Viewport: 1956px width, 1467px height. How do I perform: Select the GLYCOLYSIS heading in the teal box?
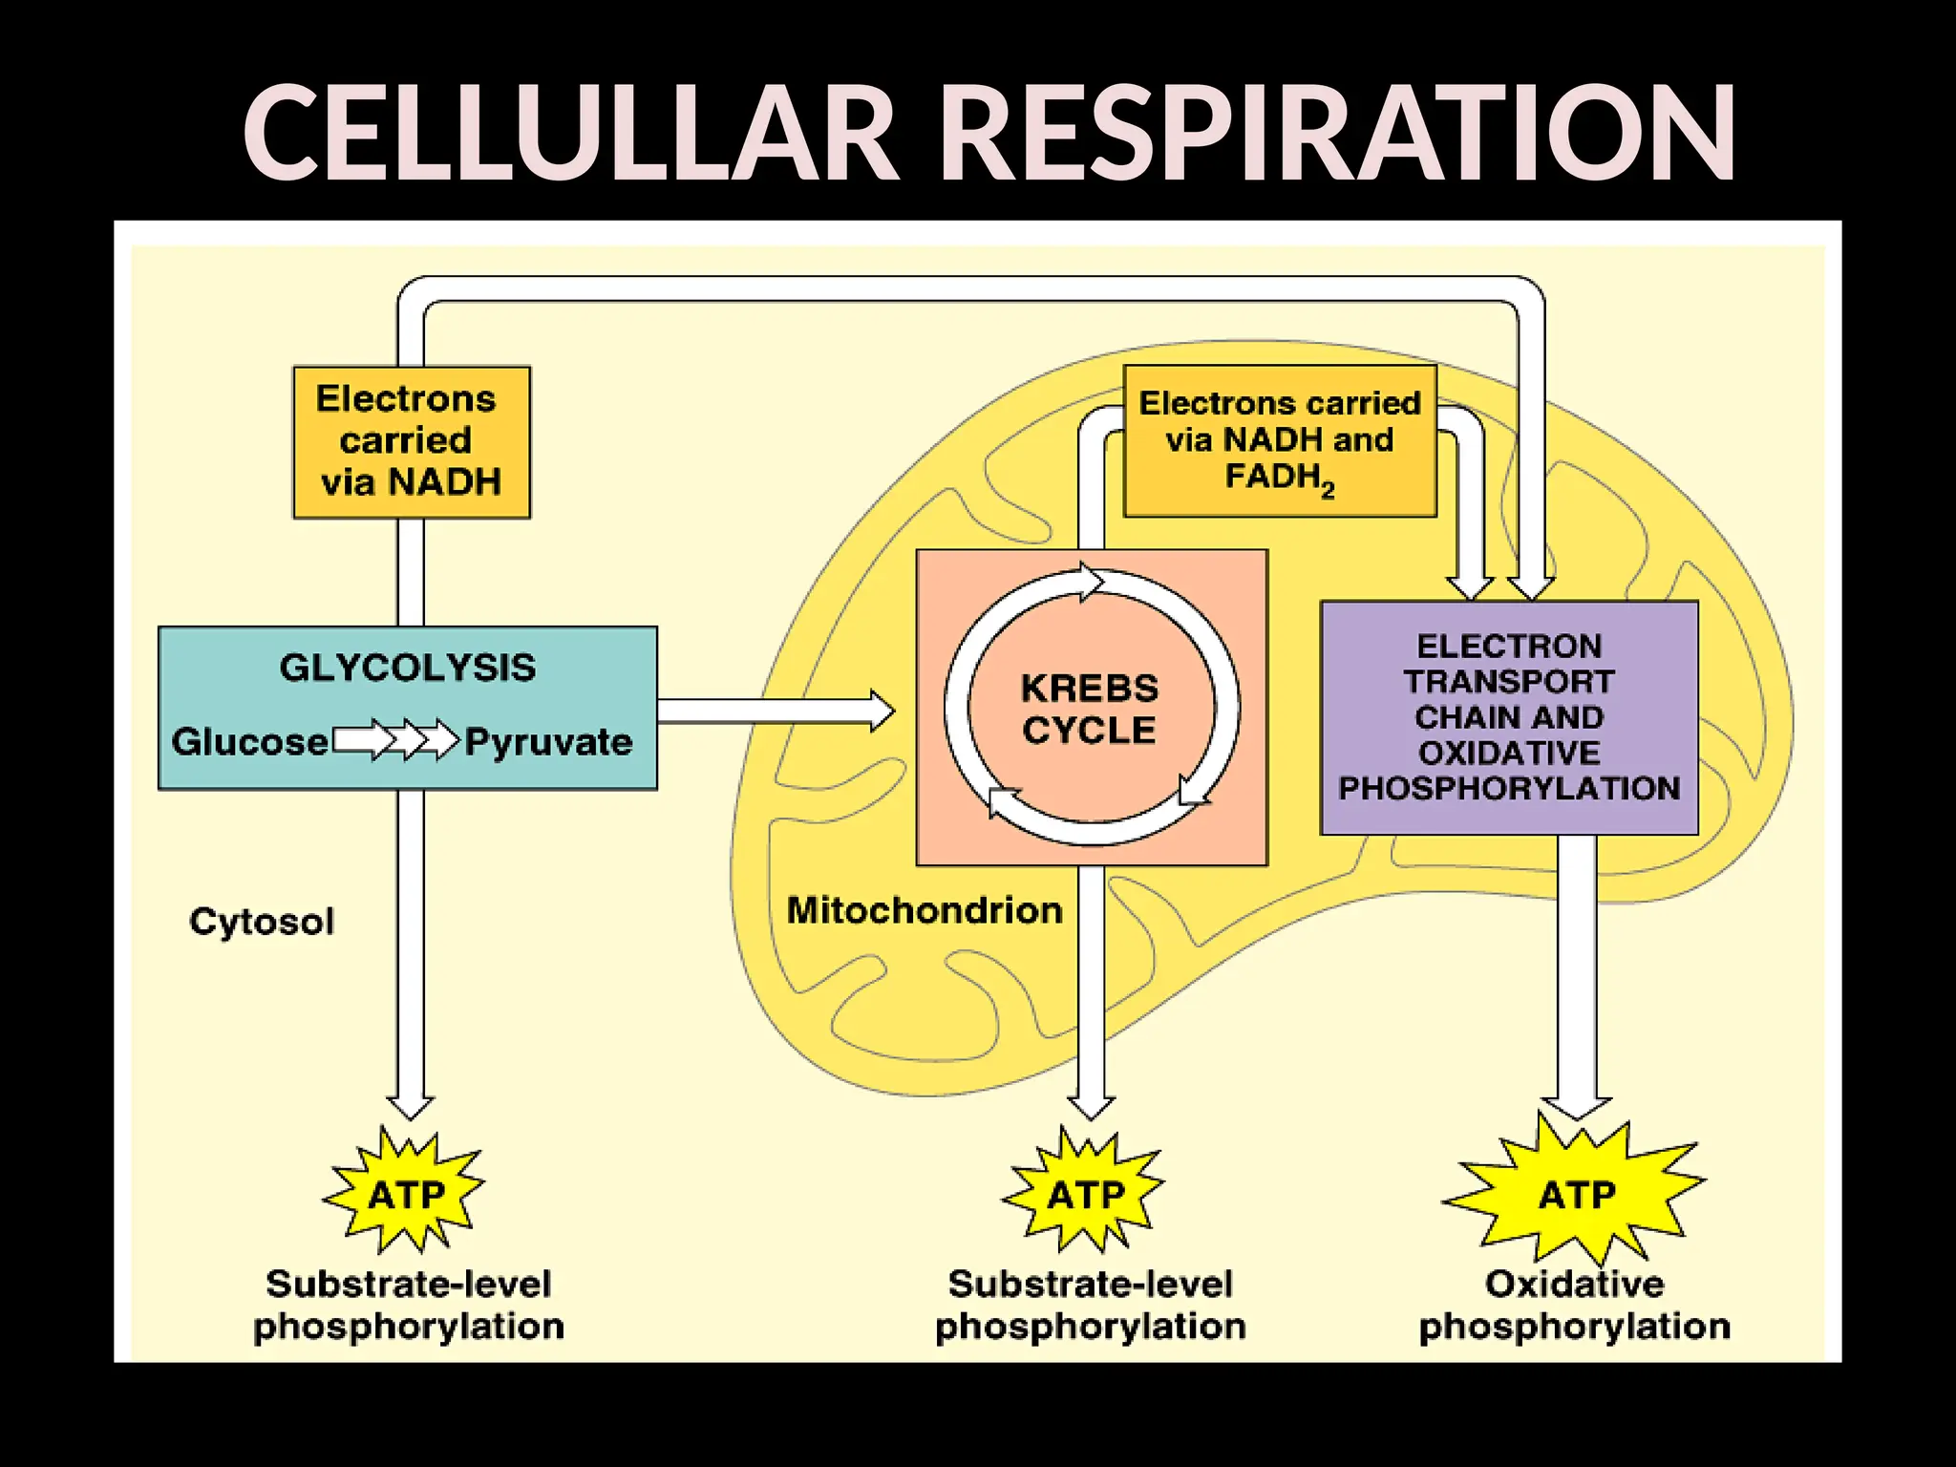(x=408, y=668)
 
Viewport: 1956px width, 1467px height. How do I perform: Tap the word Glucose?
(x=249, y=742)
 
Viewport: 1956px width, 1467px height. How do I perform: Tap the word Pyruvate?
(x=548, y=742)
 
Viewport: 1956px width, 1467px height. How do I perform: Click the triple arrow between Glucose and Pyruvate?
(x=396, y=740)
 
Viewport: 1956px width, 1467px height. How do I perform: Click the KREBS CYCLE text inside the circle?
(x=1090, y=710)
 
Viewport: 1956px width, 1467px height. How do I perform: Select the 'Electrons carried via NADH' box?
(x=411, y=441)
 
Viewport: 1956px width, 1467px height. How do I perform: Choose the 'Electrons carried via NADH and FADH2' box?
(x=1280, y=441)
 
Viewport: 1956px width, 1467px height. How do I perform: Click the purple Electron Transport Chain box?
(x=1509, y=717)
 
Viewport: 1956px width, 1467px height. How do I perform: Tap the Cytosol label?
(x=262, y=922)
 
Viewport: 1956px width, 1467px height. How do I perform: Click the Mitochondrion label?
(x=925, y=910)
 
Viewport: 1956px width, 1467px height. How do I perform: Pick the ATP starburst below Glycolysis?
(x=406, y=1194)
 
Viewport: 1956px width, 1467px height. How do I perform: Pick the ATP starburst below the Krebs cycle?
(x=1086, y=1194)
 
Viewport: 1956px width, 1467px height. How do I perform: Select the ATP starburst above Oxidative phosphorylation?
(x=1576, y=1194)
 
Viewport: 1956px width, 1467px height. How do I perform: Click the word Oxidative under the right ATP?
(x=1574, y=1284)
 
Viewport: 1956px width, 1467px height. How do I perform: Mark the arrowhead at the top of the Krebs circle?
(x=1091, y=581)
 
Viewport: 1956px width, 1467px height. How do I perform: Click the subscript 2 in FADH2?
(x=1328, y=491)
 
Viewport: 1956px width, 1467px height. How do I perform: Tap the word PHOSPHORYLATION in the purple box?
(x=1509, y=789)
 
